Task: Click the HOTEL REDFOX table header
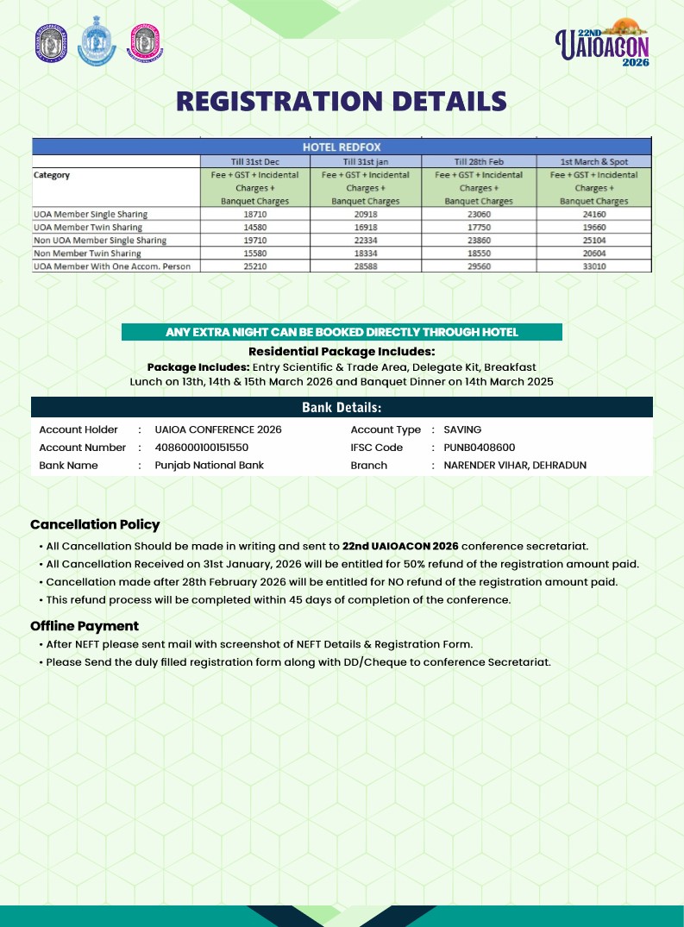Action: (x=341, y=147)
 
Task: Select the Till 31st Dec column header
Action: (x=254, y=161)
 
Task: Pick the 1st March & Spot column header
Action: (x=593, y=161)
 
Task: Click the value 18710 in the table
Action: (x=254, y=214)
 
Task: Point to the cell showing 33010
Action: (x=593, y=266)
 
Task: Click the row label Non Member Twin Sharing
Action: (x=87, y=254)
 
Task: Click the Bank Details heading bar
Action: (x=342, y=407)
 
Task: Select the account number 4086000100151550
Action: (x=202, y=448)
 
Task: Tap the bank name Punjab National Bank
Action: (x=209, y=465)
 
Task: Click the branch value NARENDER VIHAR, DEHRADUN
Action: (x=515, y=465)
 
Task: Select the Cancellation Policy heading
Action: (x=95, y=524)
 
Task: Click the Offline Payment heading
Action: (x=85, y=626)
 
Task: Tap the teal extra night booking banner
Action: (x=342, y=332)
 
